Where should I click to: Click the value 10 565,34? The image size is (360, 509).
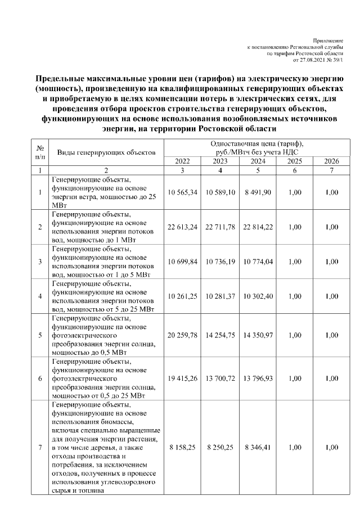coord(183,192)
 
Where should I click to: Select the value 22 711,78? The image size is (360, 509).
coord(220,227)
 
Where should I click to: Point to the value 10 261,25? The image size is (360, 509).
coord(183,296)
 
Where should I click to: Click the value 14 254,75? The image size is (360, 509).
coord(220,336)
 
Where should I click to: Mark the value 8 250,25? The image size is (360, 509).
coord(220,448)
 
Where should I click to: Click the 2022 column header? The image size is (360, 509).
coord(183,161)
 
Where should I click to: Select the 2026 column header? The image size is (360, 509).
coord(332,161)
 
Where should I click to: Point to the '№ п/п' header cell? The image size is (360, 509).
coord(40,152)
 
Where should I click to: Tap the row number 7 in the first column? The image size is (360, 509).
coord(40,448)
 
